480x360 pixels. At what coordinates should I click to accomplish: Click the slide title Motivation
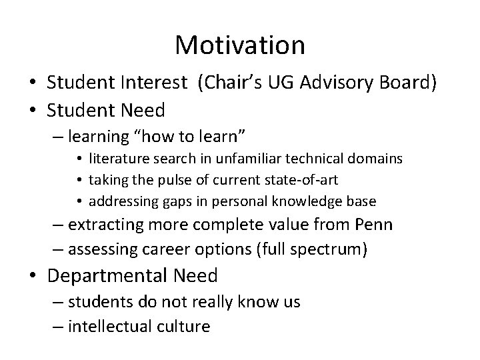pyautogui.click(x=240, y=45)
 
